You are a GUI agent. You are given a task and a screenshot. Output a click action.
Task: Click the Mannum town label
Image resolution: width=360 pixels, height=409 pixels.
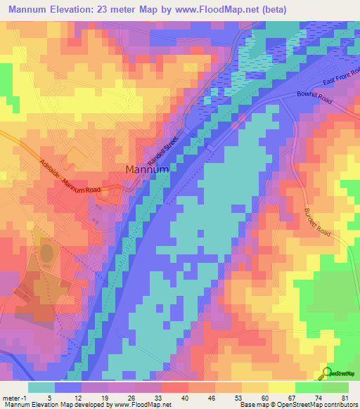tap(147, 169)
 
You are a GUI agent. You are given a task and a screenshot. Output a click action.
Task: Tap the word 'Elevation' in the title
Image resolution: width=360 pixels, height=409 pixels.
tap(72, 8)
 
